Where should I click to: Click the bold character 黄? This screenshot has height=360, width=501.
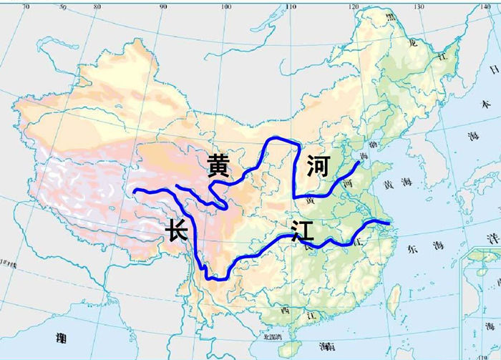tap(218, 165)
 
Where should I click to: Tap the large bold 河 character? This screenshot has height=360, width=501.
tap(317, 167)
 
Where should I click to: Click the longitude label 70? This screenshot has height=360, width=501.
tap(26, 6)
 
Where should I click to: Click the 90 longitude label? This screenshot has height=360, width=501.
tap(162, 6)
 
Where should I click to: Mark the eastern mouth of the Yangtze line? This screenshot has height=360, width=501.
tap(390, 224)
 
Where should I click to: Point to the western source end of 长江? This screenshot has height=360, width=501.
tap(135, 191)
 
